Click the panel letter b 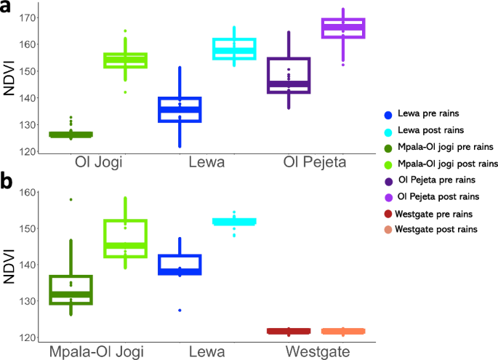click(9, 181)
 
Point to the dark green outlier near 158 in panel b click(71, 199)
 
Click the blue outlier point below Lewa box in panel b click(180, 311)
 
